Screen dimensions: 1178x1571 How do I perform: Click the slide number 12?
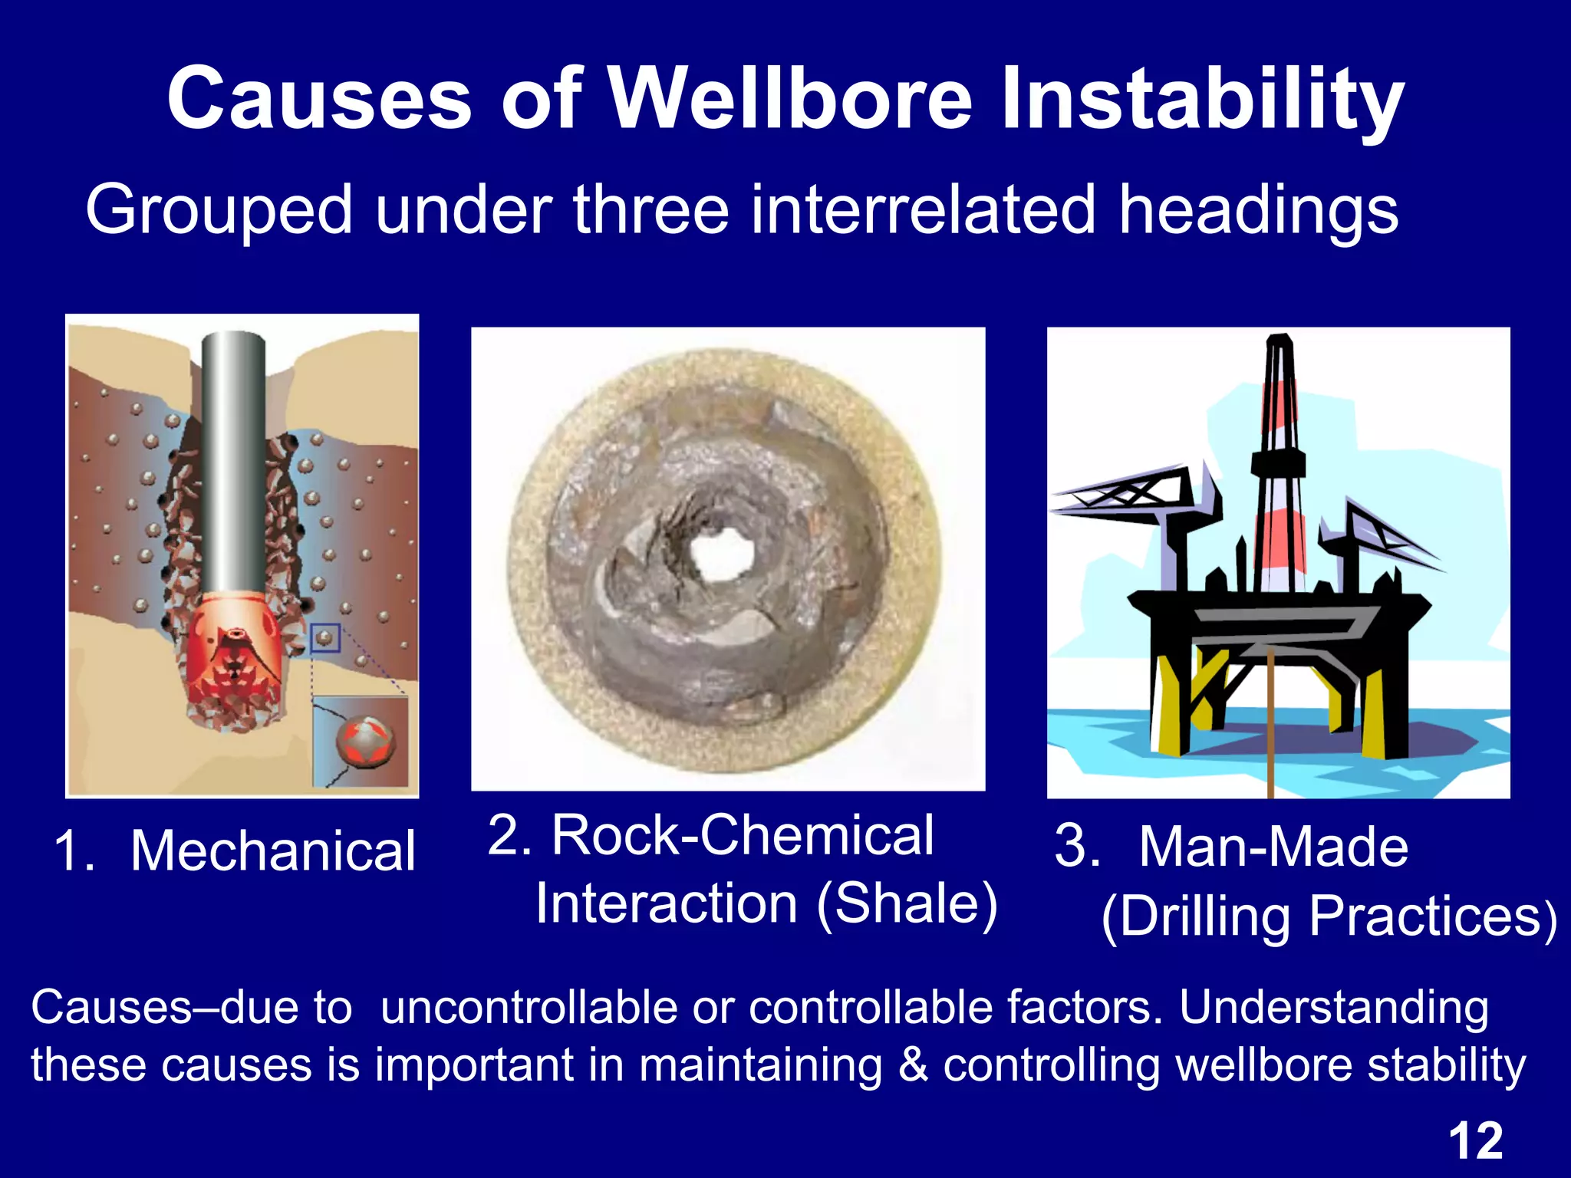(1475, 1140)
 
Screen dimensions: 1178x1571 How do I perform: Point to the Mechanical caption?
(272, 851)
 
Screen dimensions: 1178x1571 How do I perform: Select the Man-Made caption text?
(1273, 847)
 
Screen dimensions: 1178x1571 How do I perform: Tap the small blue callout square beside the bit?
(325, 637)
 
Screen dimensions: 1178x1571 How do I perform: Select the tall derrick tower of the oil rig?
(1278, 460)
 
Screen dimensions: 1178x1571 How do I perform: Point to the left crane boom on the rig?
(1120, 495)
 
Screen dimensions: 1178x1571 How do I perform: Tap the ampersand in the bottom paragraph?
(913, 1065)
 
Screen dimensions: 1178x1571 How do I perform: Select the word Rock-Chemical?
(743, 835)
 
